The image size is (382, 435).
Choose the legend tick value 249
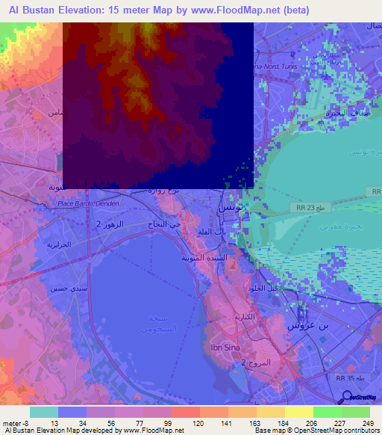pyautogui.click(x=368, y=422)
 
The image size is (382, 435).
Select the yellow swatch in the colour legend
pyautogui.click(x=298, y=412)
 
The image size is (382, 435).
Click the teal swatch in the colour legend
pyautogui.click(x=43, y=412)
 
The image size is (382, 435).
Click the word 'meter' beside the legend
pyautogui.click(x=11, y=422)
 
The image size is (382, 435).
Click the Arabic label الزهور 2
pyautogui.click(x=110, y=224)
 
